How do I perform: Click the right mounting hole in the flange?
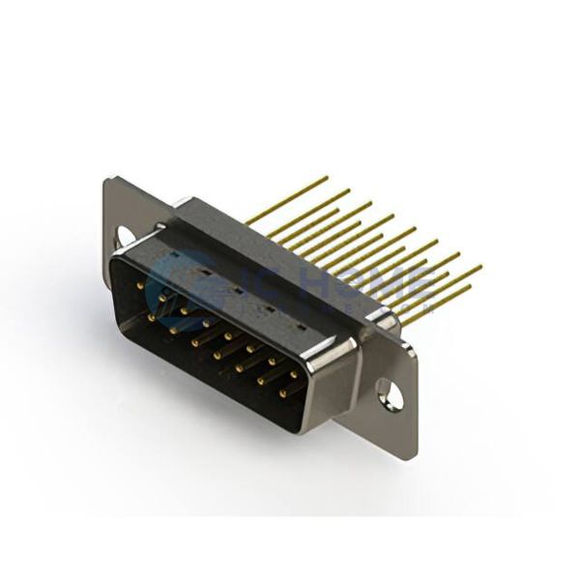tap(386, 391)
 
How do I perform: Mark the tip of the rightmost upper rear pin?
tap(479, 266)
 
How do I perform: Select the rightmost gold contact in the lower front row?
tap(283, 394)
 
